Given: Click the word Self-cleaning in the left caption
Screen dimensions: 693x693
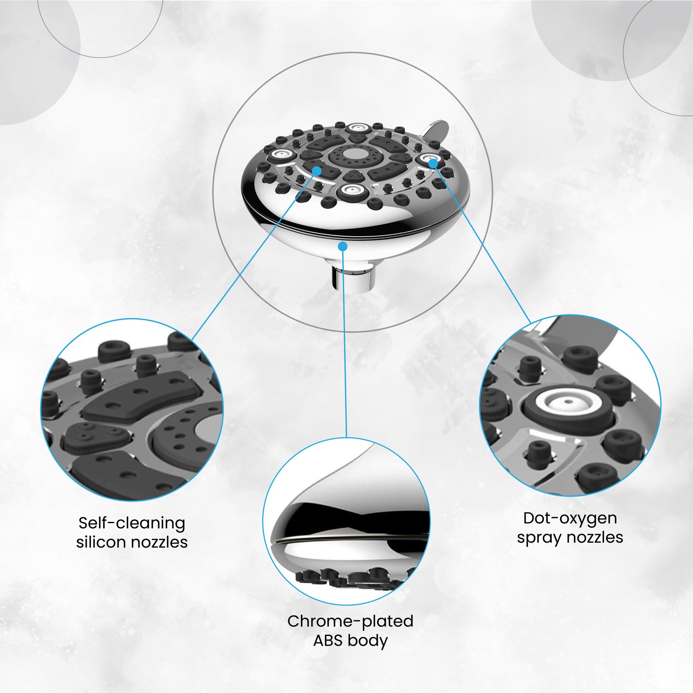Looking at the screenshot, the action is tap(132, 523).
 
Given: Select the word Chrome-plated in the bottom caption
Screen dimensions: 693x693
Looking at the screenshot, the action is tap(350, 621).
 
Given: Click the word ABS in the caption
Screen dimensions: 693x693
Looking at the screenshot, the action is tap(327, 640).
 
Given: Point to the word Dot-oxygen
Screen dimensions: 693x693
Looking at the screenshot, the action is tap(570, 519).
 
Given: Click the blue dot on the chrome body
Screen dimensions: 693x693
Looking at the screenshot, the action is tap(343, 246).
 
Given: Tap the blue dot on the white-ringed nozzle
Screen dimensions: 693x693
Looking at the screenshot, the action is tap(433, 162).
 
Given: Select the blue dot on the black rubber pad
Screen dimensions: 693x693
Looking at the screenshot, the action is tap(317, 171).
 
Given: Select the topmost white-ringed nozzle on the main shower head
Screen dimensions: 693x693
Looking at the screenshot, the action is tap(357, 127).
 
